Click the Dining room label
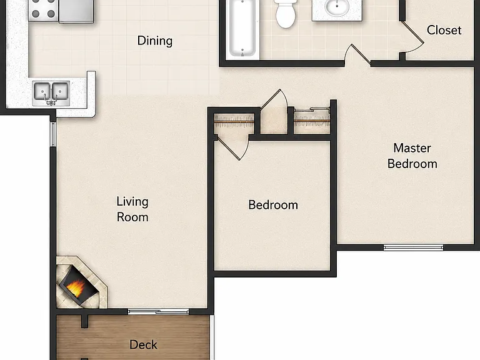tap(154, 41)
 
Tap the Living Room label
tap(132, 209)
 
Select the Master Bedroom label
tap(412, 156)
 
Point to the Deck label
tap(143, 345)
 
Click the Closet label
tap(444, 30)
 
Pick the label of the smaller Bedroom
tap(273, 205)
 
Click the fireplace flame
tap(76, 287)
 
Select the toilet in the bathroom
tap(286, 14)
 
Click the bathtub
tap(242, 29)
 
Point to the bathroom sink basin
tap(337, 7)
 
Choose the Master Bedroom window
tap(413, 247)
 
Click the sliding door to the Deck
tap(158, 312)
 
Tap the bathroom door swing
tap(357, 55)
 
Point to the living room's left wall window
tap(53, 134)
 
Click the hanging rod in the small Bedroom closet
tap(234, 122)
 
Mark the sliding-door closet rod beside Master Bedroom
tap(312, 122)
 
